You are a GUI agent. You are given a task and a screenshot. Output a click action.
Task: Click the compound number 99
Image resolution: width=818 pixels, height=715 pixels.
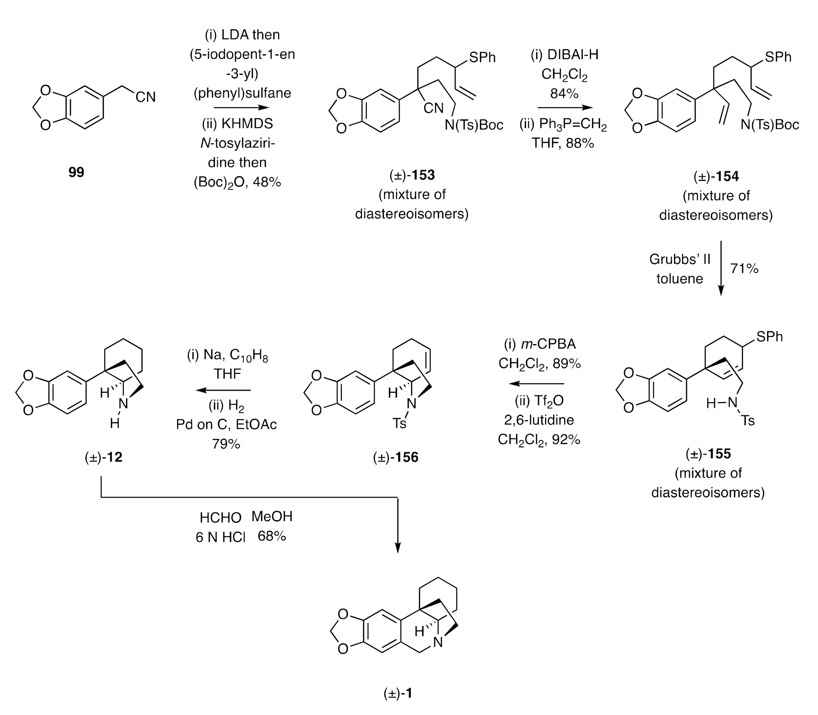click(76, 172)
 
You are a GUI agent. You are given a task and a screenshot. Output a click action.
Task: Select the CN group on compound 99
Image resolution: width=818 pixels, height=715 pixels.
click(145, 97)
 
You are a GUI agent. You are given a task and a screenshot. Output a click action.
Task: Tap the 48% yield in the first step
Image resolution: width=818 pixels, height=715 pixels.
click(267, 182)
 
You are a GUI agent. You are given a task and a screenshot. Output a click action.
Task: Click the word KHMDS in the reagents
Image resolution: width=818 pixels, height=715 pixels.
click(247, 124)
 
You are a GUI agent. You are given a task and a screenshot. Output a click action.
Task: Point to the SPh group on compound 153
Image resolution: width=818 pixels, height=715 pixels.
click(482, 58)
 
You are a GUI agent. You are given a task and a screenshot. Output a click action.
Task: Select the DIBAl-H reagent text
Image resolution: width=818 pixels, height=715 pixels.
click(565, 55)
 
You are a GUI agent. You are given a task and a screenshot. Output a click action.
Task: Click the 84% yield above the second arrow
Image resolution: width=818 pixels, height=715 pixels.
click(564, 94)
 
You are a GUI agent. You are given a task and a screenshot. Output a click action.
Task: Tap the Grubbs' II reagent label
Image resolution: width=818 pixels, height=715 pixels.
click(680, 259)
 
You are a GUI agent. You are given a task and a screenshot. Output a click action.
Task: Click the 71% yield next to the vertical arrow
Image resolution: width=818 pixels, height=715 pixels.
click(744, 268)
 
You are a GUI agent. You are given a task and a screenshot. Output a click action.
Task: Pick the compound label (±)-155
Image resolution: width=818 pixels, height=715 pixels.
click(708, 454)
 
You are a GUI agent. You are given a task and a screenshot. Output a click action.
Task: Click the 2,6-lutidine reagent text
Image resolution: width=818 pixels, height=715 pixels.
click(539, 420)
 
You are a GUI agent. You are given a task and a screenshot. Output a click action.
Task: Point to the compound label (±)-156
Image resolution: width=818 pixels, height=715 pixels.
click(396, 457)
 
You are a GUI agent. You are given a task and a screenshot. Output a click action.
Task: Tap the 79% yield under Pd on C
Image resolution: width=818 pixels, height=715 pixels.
click(226, 444)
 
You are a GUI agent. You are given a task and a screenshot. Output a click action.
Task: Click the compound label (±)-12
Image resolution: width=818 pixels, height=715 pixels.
click(104, 457)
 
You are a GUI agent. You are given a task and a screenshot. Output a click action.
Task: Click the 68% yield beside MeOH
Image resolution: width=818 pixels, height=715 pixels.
click(272, 536)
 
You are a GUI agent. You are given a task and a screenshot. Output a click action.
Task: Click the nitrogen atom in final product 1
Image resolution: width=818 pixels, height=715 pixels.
click(438, 642)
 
